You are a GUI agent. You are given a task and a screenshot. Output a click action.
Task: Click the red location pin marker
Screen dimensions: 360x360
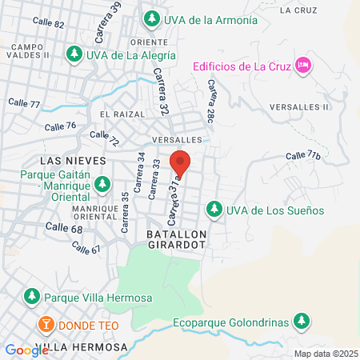[x=182, y=163]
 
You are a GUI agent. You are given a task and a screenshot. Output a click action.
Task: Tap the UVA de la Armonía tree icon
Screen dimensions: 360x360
[x=150, y=18]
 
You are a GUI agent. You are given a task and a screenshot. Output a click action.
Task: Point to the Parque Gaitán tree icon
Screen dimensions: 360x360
[x=102, y=185]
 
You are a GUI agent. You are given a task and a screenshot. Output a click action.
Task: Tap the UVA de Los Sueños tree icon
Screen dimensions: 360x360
[x=214, y=210]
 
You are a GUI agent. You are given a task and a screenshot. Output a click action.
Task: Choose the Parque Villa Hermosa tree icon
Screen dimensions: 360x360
[x=32, y=297]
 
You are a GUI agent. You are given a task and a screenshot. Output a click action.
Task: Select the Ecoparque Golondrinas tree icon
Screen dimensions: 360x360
[x=301, y=322]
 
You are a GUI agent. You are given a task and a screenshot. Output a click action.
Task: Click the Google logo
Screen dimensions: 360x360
[x=26, y=350]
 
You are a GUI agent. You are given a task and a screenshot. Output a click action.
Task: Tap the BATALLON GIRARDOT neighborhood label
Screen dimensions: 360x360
[x=177, y=238]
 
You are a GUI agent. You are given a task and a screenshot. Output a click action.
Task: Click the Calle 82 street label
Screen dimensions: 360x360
[x=49, y=24]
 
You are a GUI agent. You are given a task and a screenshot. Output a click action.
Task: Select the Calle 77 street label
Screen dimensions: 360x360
[x=23, y=102]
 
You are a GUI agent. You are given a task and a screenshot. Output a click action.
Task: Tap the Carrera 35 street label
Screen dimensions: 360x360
[x=125, y=212]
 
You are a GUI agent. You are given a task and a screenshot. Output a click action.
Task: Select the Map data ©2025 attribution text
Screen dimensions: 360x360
[x=325, y=354]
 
